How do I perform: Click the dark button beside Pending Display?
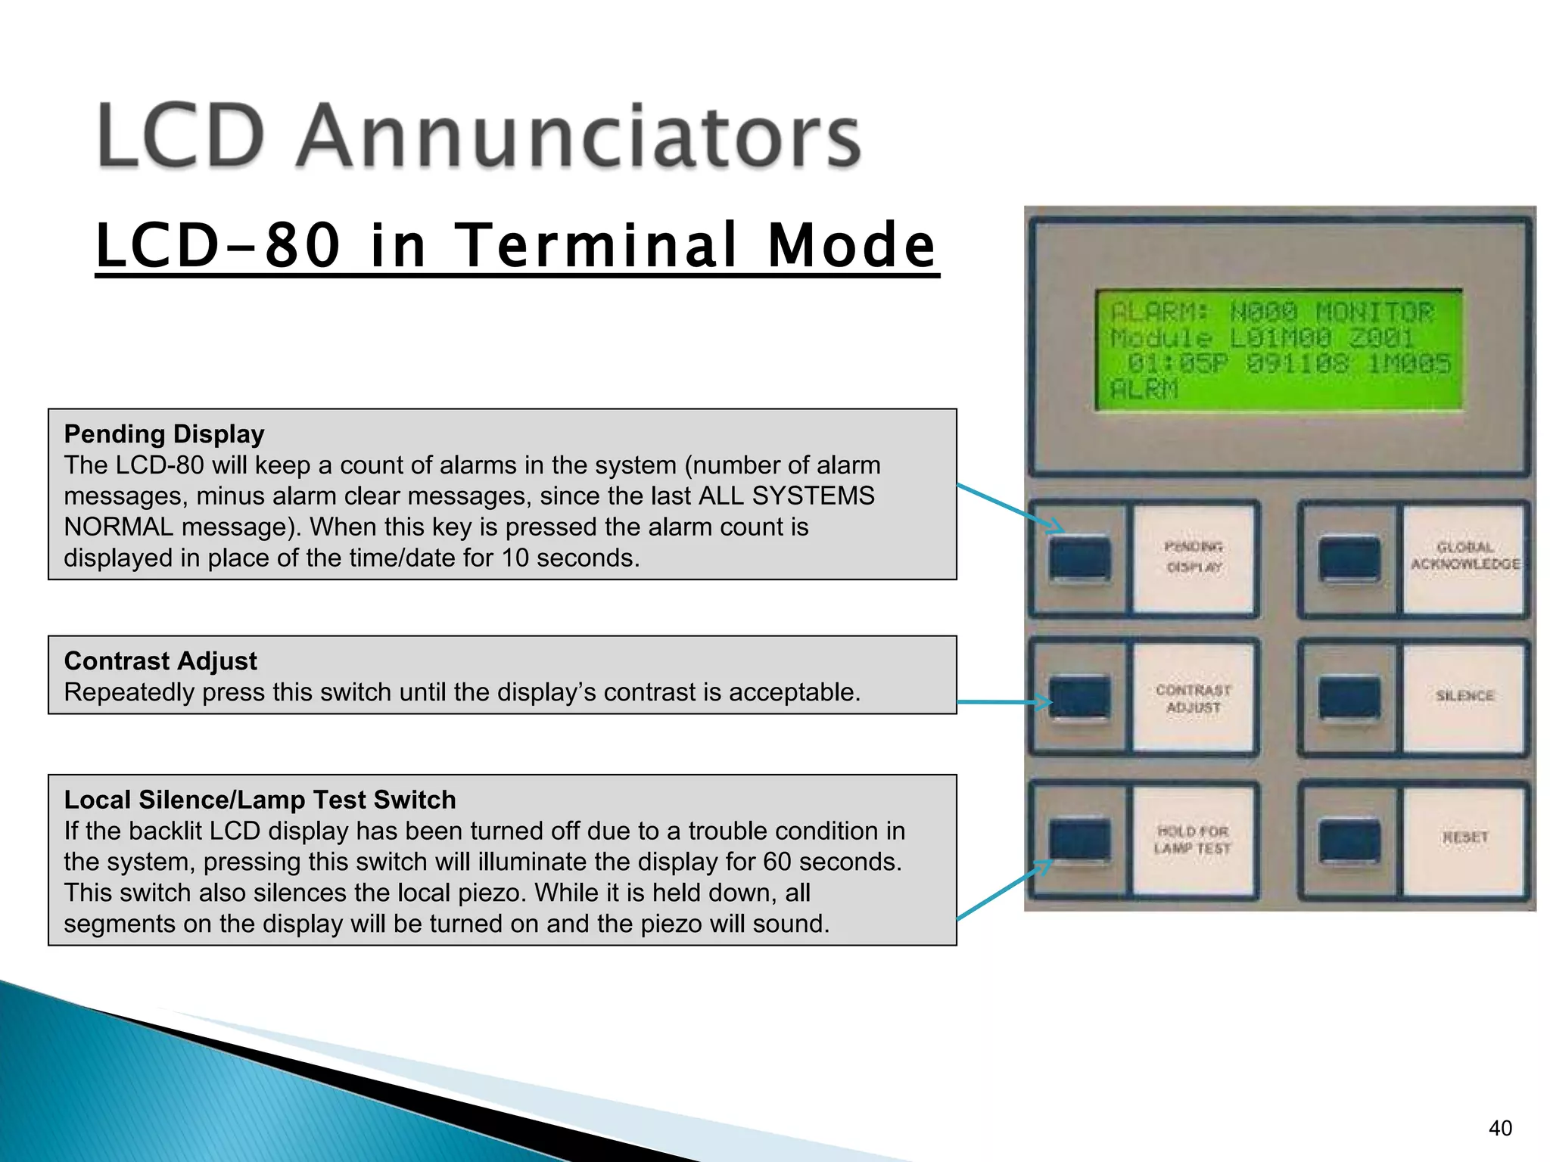coord(1080,558)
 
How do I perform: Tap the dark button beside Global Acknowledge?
coord(1349,558)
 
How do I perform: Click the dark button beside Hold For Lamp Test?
coord(1080,840)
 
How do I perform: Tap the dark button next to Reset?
coord(1349,840)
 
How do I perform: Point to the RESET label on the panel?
coord(1465,837)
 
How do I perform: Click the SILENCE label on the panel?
coord(1465,696)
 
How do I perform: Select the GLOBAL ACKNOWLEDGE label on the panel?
coord(1465,556)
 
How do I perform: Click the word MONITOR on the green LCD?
coord(1374,312)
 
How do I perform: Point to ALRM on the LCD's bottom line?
coord(1144,390)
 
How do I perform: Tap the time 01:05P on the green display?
coord(1176,364)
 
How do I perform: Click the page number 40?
coord(1500,1128)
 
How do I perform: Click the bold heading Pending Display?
coord(164,434)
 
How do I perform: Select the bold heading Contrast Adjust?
coord(160,661)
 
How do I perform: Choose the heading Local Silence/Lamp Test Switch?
coord(260,800)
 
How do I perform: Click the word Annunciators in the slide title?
coord(579,136)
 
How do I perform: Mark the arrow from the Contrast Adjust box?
coord(1003,702)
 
